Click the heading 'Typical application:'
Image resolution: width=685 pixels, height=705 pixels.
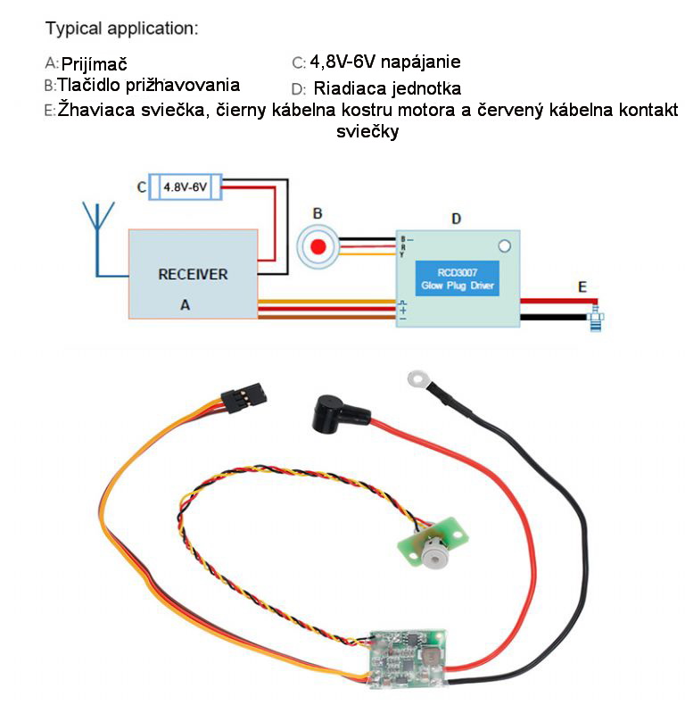[121, 29]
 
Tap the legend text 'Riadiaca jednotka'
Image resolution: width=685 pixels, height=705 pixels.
[387, 89]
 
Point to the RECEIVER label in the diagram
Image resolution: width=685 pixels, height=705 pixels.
[193, 274]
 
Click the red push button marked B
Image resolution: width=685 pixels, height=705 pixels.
[318, 246]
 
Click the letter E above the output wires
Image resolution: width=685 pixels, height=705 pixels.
[582, 286]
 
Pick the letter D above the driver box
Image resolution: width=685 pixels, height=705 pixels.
[457, 218]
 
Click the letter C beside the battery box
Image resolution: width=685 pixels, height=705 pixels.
[141, 187]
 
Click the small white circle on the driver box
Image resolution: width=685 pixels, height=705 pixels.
[504, 245]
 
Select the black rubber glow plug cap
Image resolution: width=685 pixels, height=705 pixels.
[339, 416]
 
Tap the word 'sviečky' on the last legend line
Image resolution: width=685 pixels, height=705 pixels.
[367, 131]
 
